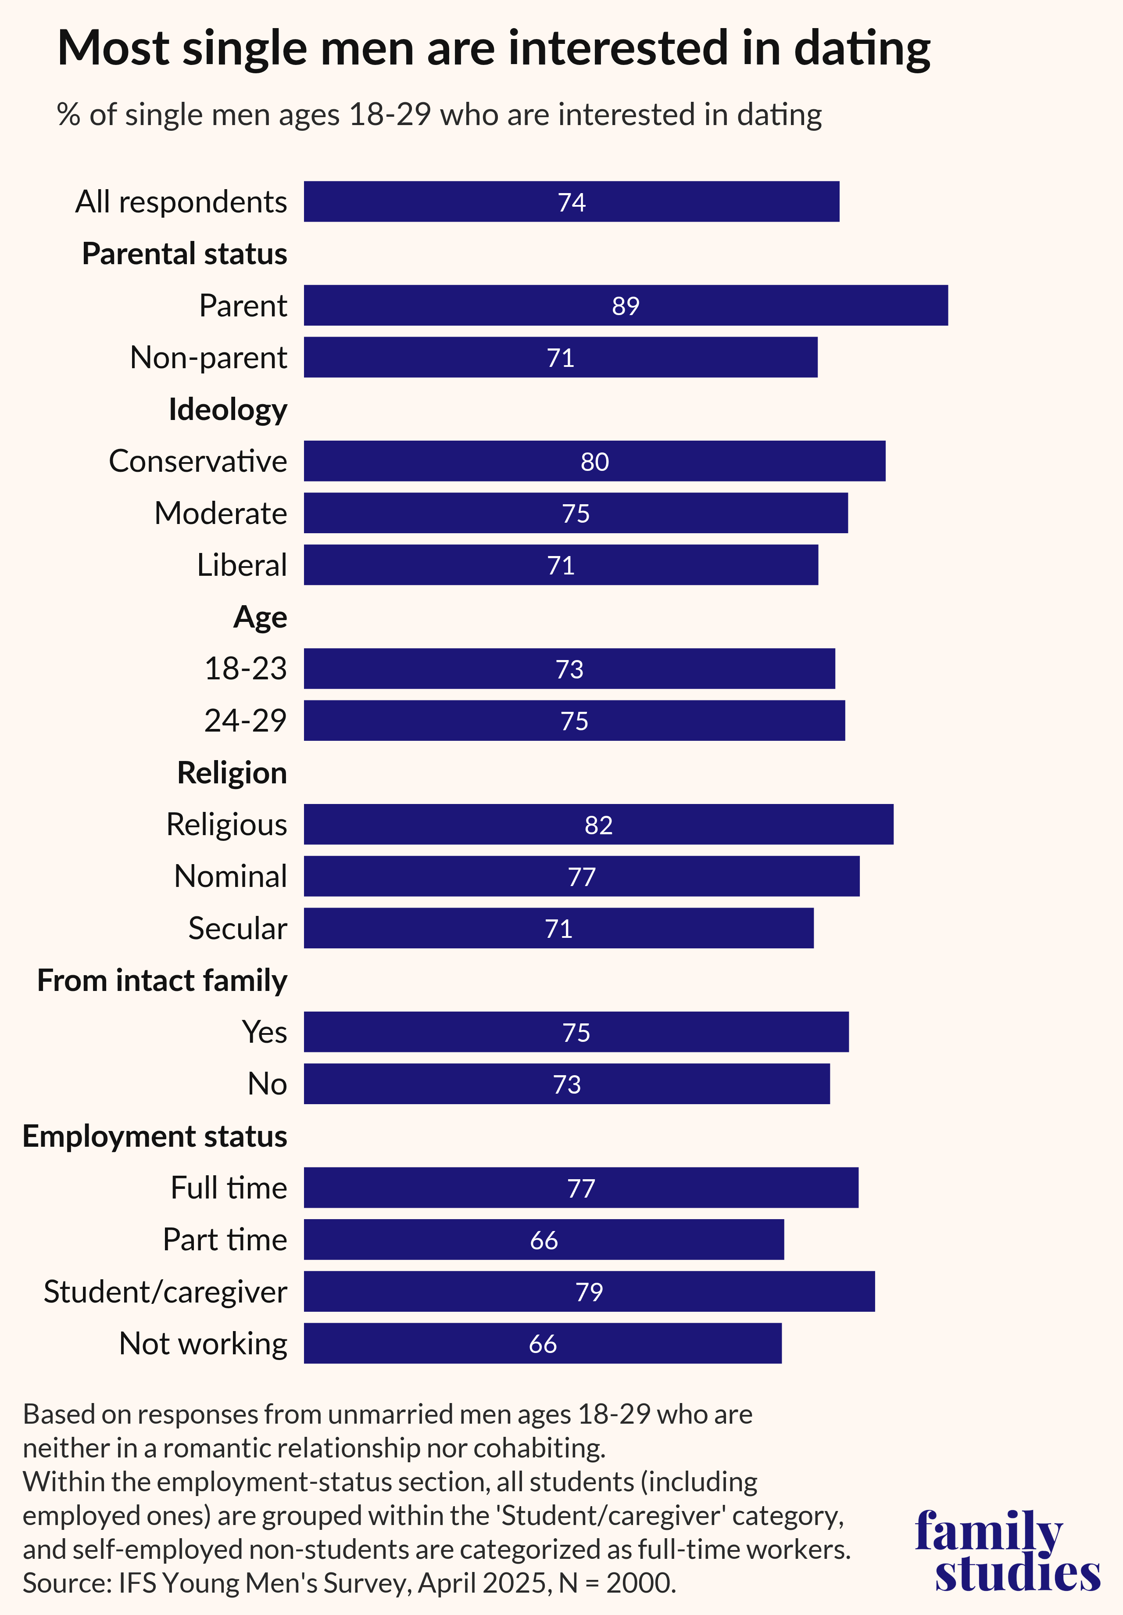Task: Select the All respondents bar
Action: [x=571, y=202]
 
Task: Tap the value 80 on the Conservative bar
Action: [x=594, y=461]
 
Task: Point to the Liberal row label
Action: [x=242, y=565]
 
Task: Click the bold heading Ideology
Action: [x=228, y=409]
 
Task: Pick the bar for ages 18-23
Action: [x=569, y=669]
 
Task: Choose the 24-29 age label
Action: [x=245, y=720]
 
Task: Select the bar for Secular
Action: [x=558, y=929]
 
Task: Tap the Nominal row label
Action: [x=231, y=876]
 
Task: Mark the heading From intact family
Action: [x=162, y=980]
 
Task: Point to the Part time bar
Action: [x=544, y=1240]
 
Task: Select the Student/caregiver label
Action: [x=165, y=1292]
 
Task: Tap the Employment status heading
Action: [x=155, y=1136]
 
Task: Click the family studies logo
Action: [x=1007, y=1552]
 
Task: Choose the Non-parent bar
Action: [x=561, y=357]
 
